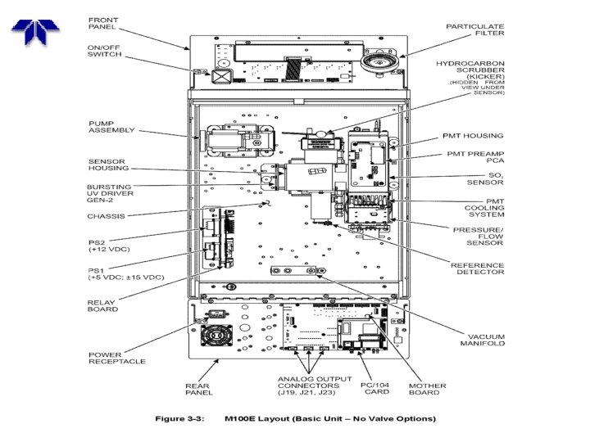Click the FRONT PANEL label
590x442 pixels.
103,22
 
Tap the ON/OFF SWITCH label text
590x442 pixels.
104,52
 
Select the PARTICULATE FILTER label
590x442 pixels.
474,30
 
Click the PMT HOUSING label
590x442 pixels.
475,136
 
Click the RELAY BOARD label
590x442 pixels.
102,305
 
